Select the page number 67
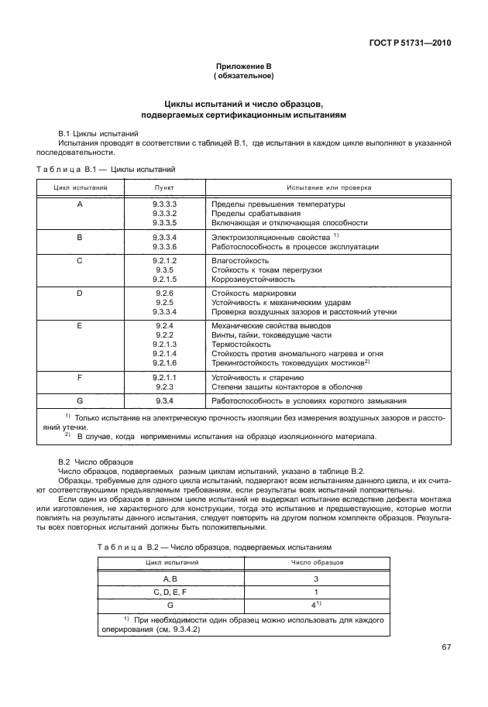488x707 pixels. (445, 647)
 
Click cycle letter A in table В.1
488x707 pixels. (80, 204)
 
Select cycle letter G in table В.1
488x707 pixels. (80, 400)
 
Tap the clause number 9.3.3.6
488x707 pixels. (165, 246)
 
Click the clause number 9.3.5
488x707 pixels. (165, 269)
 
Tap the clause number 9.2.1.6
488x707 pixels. (165, 362)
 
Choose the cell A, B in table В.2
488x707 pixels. (170, 578)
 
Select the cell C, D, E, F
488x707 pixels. (170, 592)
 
